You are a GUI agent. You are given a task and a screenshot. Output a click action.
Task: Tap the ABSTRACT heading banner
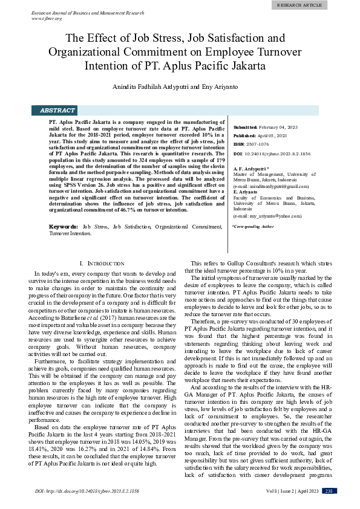pyautogui.click(x=57, y=111)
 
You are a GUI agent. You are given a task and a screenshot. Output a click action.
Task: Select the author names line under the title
pyautogui.click(x=180, y=87)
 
